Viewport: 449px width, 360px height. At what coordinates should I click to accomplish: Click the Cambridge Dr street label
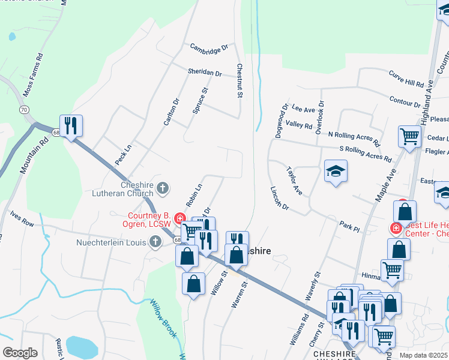[x=209, y=47]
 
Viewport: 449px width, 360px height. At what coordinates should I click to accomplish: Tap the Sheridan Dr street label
[x=204, y=72]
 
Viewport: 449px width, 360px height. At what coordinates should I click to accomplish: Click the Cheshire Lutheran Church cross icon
[x=162, y=190]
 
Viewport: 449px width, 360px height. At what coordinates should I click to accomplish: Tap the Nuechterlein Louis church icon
[x=155, y=242]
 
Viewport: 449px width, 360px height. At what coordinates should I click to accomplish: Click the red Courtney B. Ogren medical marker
[x=179, y=217]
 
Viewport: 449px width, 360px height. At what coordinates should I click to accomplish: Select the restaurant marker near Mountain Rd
[x=71, y=125]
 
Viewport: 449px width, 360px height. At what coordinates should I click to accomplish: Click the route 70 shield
[x=23, y=110]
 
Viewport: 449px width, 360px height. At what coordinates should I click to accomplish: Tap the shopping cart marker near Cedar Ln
[x=409, y=136]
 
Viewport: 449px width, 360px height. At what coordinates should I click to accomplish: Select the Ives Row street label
[x=22, y=218]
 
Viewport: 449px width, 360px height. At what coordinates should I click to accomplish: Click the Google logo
[x=20, y=353]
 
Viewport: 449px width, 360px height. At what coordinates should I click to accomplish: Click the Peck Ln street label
[x=123, y=155]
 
